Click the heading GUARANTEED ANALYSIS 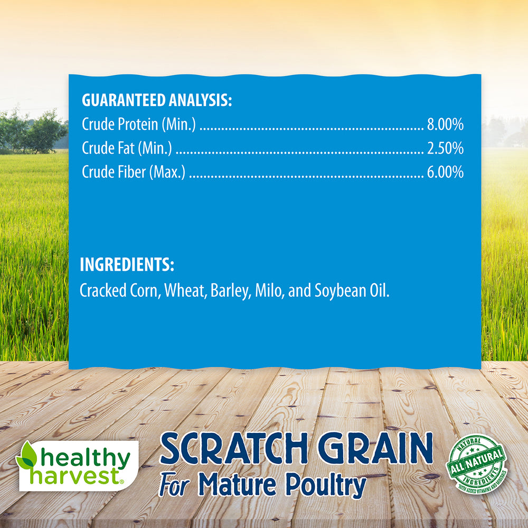point(157,100)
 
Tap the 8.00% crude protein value point(445,125)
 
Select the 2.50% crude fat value point(445,149)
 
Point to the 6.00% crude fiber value point(445,173)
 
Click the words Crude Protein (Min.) point(139,125)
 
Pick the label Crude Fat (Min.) point(127,149)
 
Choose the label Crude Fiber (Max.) point(134,173)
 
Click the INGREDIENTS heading point(127,265)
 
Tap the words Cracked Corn point(119,291)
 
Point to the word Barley point(229,291)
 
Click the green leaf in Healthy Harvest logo point(27,456)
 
